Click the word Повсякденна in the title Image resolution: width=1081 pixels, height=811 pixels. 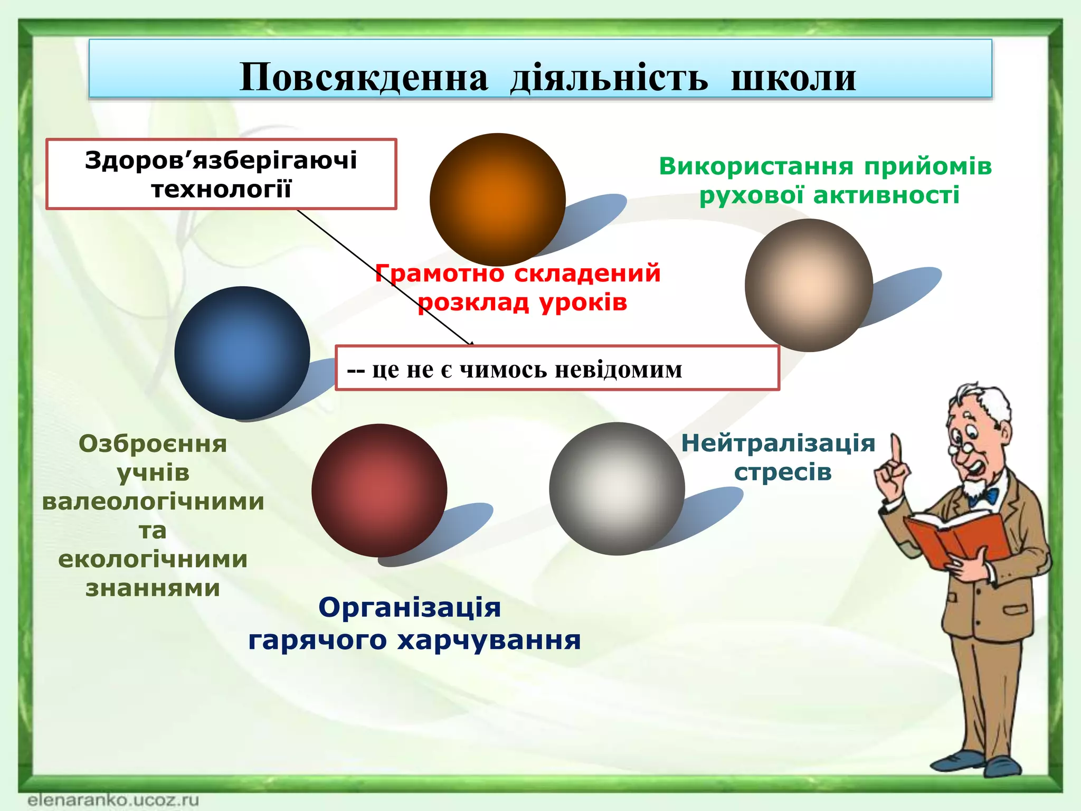pyautogui.click(x=364, y=78)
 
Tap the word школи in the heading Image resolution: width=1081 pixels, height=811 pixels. pyautogui.click(x=793, y=78)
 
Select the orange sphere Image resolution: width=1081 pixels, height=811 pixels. pyautogui.click(x=497, y=200)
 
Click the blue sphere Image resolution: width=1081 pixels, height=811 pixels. pyautogui.click(x=242, y=353)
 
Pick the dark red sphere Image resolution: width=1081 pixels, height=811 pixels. pyautogui.click(x=379, y=491)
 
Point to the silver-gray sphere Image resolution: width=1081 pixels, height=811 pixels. pyautogui.click(x=617, y=489)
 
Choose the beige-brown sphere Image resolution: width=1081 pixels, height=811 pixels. pyautogui.click(x=809, y=285)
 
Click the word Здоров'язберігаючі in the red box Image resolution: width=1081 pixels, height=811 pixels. pyautogui.click(x=221, y=160)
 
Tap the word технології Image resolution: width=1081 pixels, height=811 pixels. pyautogui.click(x=221, y=189)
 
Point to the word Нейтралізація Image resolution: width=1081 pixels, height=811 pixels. pyautogui.click(x=778, y=443)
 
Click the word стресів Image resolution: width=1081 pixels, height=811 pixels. pyautogui.click(x=783, y=472)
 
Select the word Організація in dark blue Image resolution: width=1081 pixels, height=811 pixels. pyautogui.click(x=410, y=607)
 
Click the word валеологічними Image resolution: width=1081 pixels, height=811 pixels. pyautogui.click(x=153, y=501)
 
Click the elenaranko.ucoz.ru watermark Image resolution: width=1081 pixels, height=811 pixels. pyautogui.click(x=113, y=799)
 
